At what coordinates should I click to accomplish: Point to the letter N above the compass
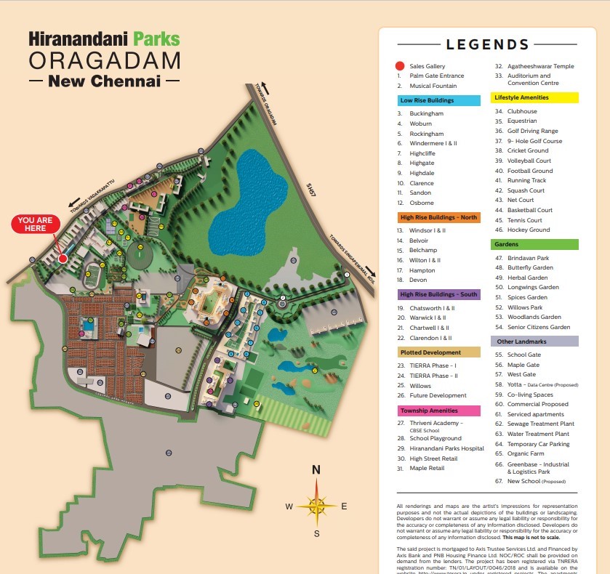pos(316,470)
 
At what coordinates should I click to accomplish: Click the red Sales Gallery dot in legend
pos(400,66)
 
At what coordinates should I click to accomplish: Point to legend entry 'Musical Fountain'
pos(433,86)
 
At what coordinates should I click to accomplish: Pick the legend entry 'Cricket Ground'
pos(528,151)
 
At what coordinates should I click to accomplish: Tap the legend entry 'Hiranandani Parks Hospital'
pos(446,448)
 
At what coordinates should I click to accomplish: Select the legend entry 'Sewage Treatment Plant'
pos(540,424)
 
